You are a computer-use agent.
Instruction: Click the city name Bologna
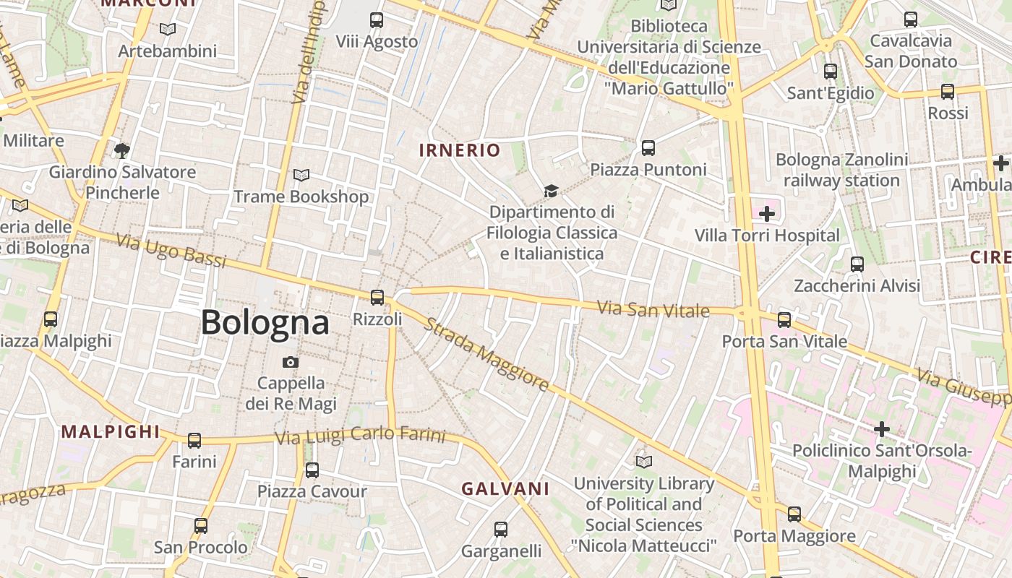(265, 322)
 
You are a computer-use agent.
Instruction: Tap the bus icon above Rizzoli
(377, 297)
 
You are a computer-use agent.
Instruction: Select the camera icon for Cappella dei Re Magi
(291, 362)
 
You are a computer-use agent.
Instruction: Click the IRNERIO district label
(460, 150)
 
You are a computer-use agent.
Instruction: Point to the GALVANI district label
(505, 489)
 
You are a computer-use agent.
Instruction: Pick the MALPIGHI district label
(111, 432)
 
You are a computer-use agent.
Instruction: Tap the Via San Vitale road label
(653, 310)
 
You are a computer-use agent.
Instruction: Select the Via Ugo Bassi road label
(171, 250)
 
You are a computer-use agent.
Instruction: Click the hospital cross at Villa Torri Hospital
(767, 214)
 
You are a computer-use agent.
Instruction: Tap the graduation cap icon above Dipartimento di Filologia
(552, 191)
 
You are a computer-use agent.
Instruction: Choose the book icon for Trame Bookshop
(301, 175)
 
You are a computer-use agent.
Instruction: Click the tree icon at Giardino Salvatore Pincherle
(122, 150)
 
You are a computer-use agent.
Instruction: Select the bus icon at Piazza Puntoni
(648, 148)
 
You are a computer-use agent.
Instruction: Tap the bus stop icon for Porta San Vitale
(784, 319)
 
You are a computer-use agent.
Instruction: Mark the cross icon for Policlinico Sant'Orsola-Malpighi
(882, 429)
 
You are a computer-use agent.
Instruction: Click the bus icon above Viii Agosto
(377, 20)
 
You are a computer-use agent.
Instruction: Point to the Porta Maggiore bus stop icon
(794, 514)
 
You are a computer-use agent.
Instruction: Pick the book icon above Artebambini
(168, 30)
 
